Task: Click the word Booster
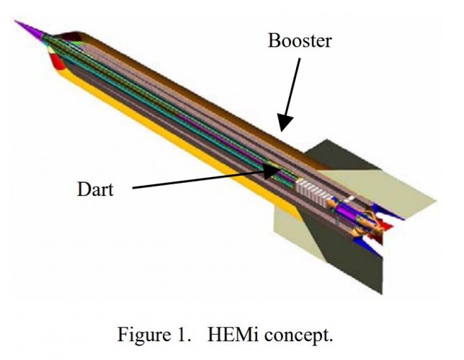tap(299, 40)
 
